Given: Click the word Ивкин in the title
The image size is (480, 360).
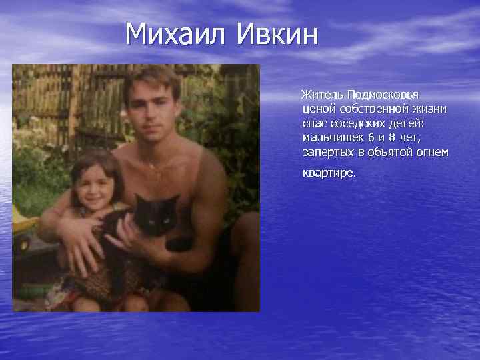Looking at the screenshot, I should click(276, 35).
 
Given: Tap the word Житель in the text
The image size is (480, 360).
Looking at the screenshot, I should click(322, 94).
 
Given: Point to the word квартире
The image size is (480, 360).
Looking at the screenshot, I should click(329, 173).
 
